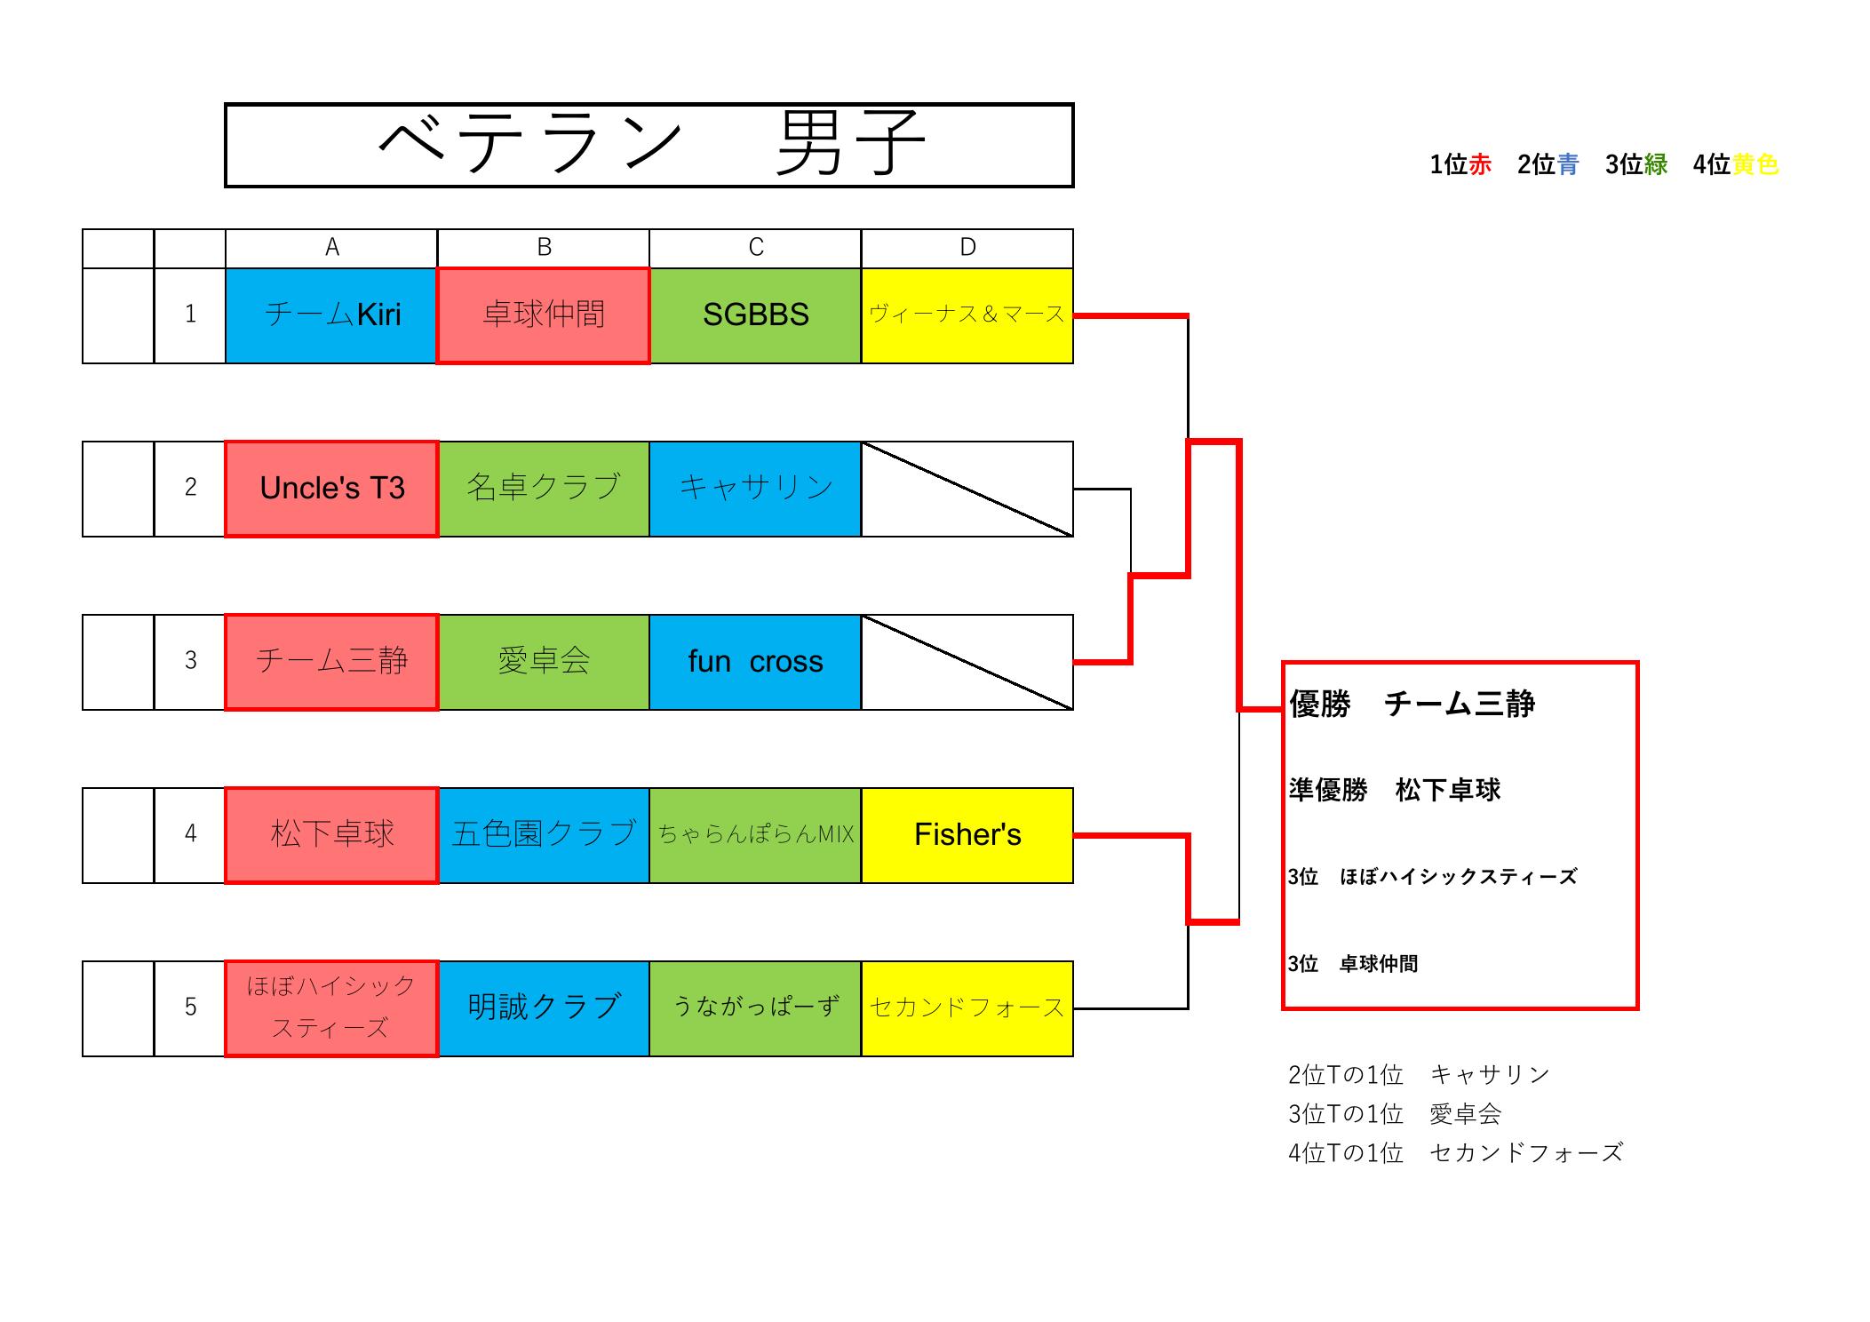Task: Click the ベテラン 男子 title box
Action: click(649, 145)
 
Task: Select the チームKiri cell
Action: click(331, 315)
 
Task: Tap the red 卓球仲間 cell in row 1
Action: click(543, 315)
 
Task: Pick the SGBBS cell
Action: click(755, 315)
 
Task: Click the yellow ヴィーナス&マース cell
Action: click(967, 315)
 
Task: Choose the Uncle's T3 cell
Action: click(331, 489)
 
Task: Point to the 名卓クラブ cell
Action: click(543, 489)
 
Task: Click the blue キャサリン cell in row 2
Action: click(755, 489)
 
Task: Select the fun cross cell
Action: click(755, 662)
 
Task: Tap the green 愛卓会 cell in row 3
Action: click(543, 662)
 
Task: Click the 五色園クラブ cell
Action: click(543, 835)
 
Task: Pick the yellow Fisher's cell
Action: click(967, 835)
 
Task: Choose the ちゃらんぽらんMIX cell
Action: click(755, 835)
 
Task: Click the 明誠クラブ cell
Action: click(543, 1008)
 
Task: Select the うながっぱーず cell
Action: click(755, 1008)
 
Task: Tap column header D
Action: click(967, 248)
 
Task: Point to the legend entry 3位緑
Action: click(1635, 164)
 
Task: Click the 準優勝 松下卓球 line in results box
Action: click(1394, 790)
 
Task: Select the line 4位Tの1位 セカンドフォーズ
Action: click(1454, 1153)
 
